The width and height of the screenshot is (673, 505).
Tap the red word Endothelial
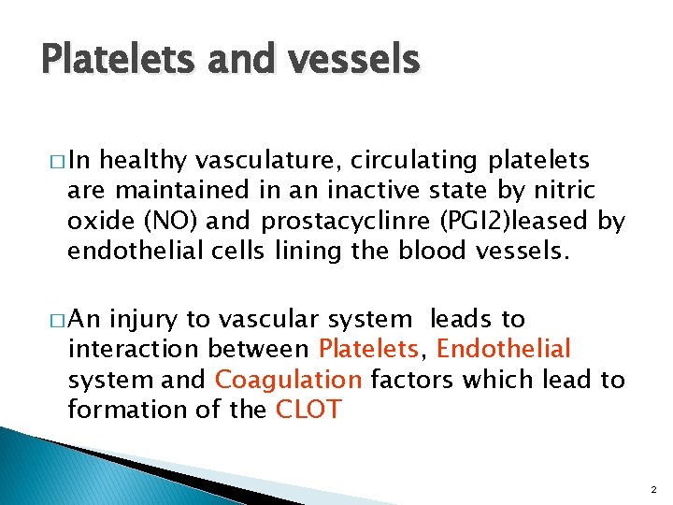[503, 350]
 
